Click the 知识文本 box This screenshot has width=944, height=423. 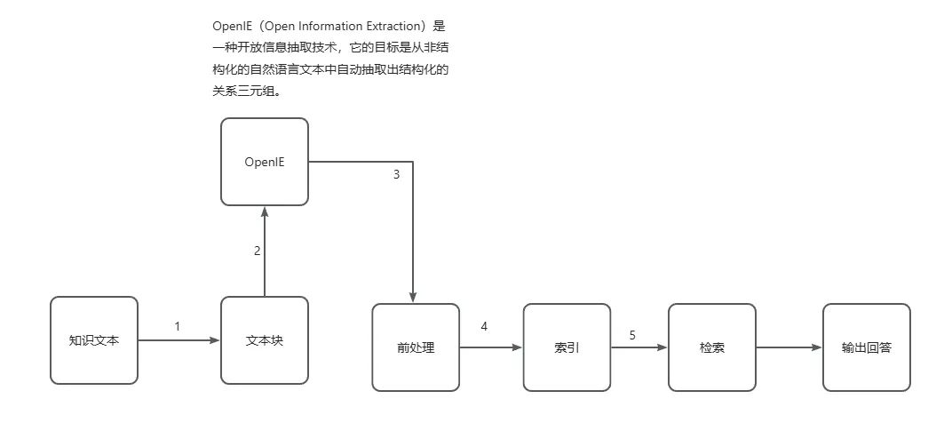pyautogui.click(x=94, y=339)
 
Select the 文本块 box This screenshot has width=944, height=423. pyautogui.click(x=264, y=339)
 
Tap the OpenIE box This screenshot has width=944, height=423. pyautogui.click(x=264, y=162)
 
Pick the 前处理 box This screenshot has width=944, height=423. pyautogui.click(x=416, y=347)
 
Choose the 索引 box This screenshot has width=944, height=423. pyautogui.click(x=567, y=347)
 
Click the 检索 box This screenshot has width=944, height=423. pyautogui.click(x=711, y=347)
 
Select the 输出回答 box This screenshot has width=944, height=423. pyautogui.click(x=866, y=347)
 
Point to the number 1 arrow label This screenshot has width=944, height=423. pyautogui.click(x=177, y=326)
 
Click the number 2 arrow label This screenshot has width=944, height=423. pyautogui.click(x=258, y=251)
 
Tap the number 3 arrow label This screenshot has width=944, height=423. pyautogui.click(x=396, y=174)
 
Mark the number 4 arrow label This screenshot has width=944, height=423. pyautogui.click(x=484, y=326)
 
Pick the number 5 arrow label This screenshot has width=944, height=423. pyautogui.click(x=632, y=335)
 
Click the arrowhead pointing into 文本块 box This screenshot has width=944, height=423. pyautogui.click(x=215, y=339)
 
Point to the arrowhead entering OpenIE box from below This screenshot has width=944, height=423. pyautogui.click(x=264, y=211)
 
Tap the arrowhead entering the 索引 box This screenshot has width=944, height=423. pyautogui.click(x=517, y=347)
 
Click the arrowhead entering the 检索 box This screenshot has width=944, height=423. pyautogui.click(x=662, y=347)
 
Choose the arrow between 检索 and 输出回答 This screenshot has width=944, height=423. pyautogui.click(x=789, y=347)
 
